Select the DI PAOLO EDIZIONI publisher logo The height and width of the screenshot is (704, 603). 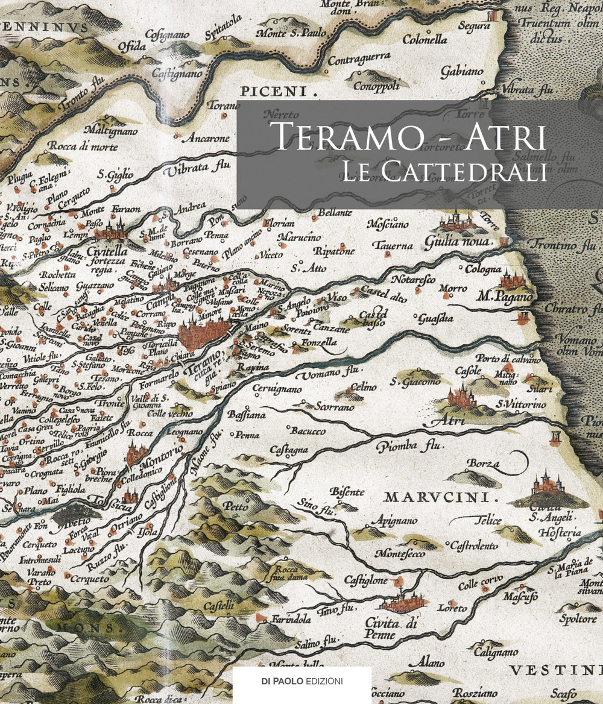coord(302,681)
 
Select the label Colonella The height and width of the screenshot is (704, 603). coord(425,40)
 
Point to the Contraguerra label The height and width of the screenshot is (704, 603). coord(359,59)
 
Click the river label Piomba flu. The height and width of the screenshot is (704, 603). coord(409,447)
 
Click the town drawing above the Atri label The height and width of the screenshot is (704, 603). coord(461,397)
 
